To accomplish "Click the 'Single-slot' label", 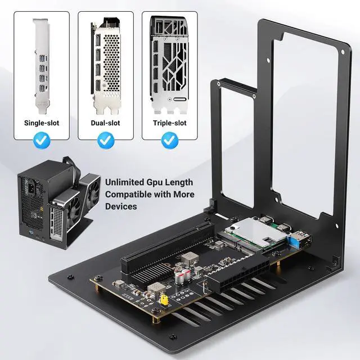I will click(42, 122).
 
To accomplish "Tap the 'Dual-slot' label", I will click(105, 122).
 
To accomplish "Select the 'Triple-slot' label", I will click(169, 122).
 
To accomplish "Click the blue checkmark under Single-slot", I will click(42, 141).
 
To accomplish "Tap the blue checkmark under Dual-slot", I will click(105, 141).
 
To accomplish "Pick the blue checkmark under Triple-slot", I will click(169, 141).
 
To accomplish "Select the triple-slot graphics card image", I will click(169, 65).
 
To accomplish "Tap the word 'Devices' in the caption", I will click(121, 207).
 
